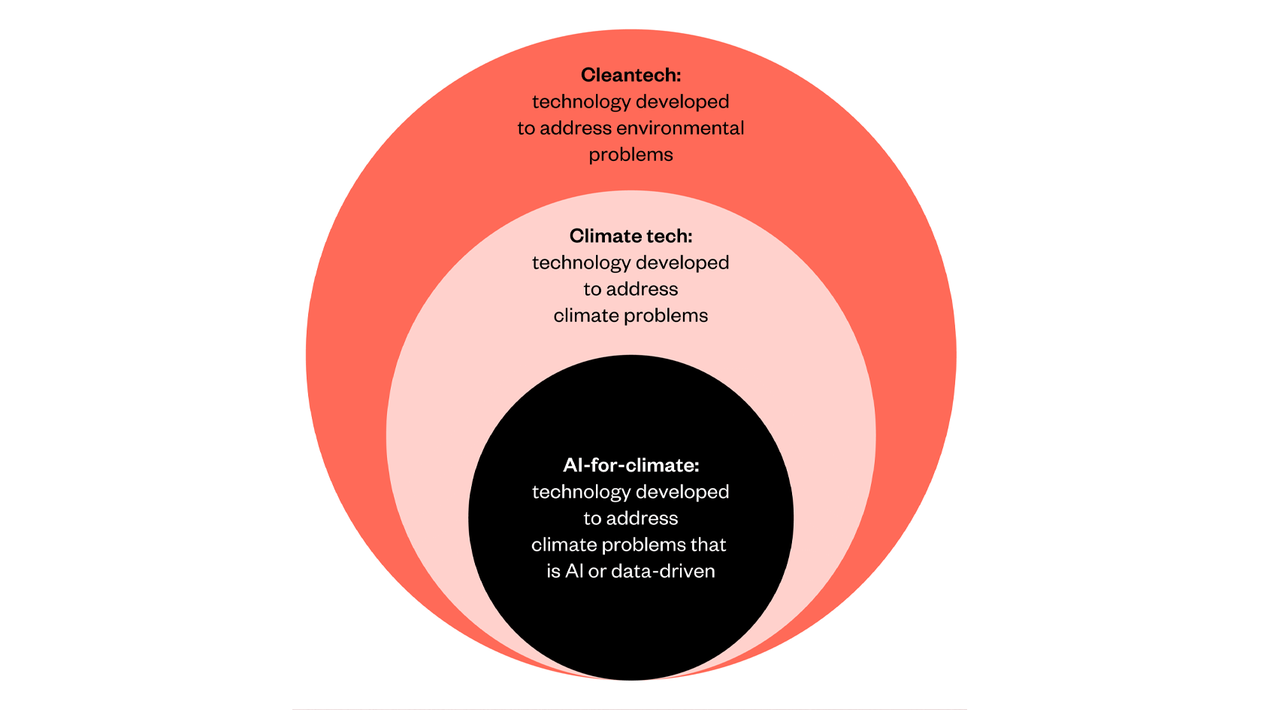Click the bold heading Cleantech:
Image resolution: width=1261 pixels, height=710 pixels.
(x=630, y=75)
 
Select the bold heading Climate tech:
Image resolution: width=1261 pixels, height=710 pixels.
(x=630, y=236)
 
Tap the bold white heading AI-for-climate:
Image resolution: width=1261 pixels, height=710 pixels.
(x=630, y=466)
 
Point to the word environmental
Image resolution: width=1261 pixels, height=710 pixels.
(x=680, y=128)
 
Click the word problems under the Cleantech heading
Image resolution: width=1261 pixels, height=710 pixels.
(x=630, y=155)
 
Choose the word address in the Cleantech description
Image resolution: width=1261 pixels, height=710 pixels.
(x=576, y=128)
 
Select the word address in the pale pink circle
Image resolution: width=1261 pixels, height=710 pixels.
(x=642, y=289)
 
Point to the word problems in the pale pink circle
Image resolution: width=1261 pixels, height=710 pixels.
(x=667, y=316)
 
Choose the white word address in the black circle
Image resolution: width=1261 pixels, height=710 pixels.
(x=642, y=518)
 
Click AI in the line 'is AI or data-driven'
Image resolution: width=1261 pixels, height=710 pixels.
(x=574, y=571)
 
